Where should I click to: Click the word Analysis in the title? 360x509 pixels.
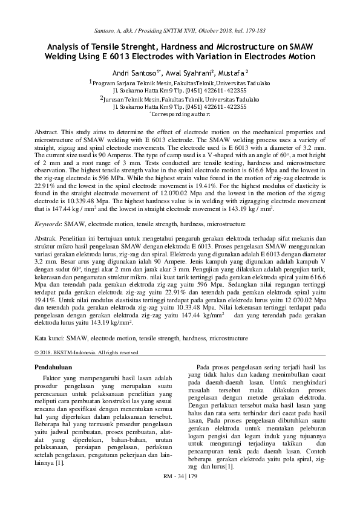click(64, 46)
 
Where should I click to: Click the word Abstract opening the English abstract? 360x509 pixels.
click(45, 132)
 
